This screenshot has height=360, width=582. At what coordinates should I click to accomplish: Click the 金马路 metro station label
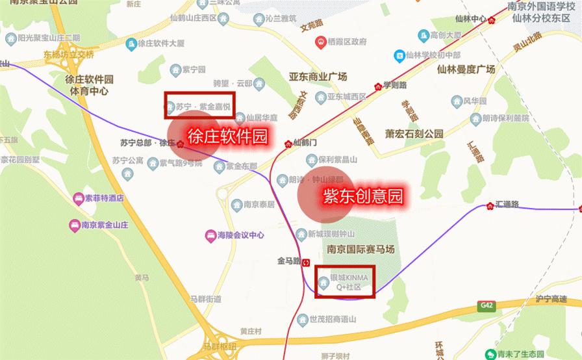(291, 261)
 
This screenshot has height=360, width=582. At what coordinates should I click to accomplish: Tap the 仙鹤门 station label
(305, 142)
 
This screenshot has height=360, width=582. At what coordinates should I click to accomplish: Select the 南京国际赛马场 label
(361, 249)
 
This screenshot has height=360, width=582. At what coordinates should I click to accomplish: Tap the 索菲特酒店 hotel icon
(77, 198)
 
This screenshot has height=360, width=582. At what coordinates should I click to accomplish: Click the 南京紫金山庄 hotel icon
(74, 225)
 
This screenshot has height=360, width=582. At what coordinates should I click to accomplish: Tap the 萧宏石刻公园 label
(414, 134)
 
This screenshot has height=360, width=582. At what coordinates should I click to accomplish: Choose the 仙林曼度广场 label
(466, 69)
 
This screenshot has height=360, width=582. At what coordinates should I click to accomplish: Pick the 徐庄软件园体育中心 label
(86, 85)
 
